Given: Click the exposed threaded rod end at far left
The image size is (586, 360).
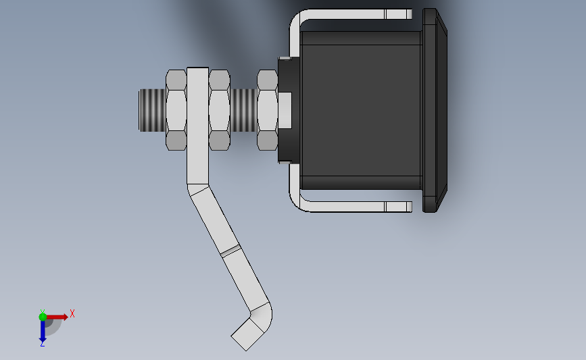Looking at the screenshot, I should coord(151,109).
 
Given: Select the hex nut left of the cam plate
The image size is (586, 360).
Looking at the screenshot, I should coord(176,109).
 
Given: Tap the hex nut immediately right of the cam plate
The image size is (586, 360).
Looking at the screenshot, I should coord(219,109).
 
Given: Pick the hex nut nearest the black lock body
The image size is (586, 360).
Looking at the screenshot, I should coord(268,109).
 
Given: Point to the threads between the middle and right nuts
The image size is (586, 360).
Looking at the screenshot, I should coord(244,109).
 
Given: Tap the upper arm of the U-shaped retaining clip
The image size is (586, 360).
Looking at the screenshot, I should coord(351,14).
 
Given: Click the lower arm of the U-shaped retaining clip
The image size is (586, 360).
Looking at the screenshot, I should coord(351,206).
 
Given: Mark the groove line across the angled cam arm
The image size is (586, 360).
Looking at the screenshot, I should coord(230,251).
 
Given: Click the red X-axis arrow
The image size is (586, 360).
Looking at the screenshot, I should coord(58,316).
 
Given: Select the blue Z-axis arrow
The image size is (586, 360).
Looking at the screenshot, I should coord(42,330).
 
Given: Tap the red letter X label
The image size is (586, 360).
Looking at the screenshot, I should coord(72,313).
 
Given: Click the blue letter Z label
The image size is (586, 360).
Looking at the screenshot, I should coord(42,344).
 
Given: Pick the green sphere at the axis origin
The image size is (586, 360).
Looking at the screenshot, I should coord(43,316).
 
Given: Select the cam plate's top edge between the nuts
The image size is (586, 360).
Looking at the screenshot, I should coord(197,68).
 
